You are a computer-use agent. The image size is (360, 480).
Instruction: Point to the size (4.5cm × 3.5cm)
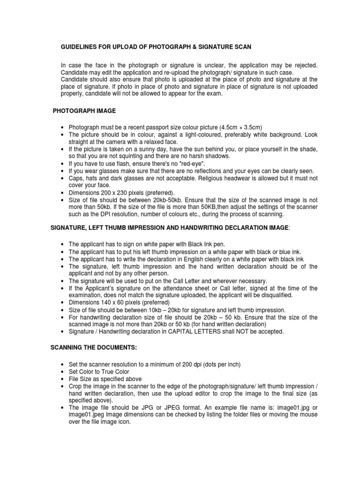(x=237, y=127)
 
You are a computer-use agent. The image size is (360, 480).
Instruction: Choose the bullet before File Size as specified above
(x=62, y=379)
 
